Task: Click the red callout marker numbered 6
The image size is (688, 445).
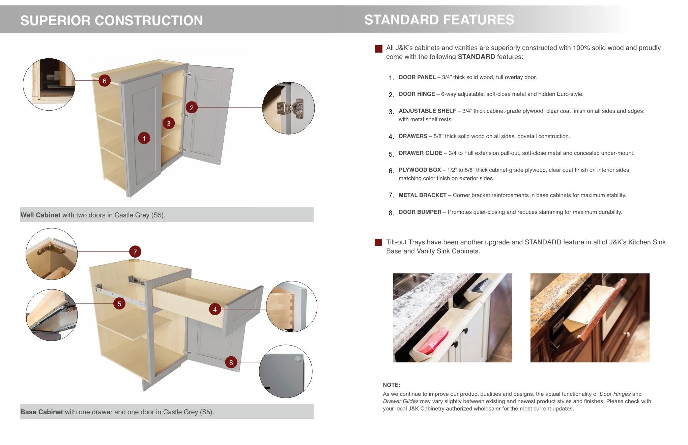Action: [x=105, y=81]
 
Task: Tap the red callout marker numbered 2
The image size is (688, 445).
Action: [x=192, y=108]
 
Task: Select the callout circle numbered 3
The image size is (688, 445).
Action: [x=169, y=123]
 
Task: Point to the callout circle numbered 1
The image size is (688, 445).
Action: [x=144, y=138]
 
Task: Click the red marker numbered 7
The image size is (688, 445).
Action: [x=135, y=251]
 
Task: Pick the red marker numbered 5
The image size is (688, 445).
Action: [x=119, y=304]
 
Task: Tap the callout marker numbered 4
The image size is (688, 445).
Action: [x=215, y=309]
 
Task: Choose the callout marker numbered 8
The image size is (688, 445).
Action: [x=231, y=362]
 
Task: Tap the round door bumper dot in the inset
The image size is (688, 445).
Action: [x=297, y=359]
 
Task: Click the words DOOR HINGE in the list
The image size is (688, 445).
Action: [x=417, y=94]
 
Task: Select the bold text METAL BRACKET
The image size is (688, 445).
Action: [x=423, y=195]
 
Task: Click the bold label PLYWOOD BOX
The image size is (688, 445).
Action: [x=420, y=170]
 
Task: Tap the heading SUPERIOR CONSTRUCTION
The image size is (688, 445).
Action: [x=112, y=21]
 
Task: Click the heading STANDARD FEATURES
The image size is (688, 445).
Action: [x=439, y=20]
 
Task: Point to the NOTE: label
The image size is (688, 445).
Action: [x=392, y=385]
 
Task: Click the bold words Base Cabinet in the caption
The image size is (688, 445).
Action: [x=41, y=412]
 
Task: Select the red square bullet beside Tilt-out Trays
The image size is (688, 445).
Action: [x=378, y=242]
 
